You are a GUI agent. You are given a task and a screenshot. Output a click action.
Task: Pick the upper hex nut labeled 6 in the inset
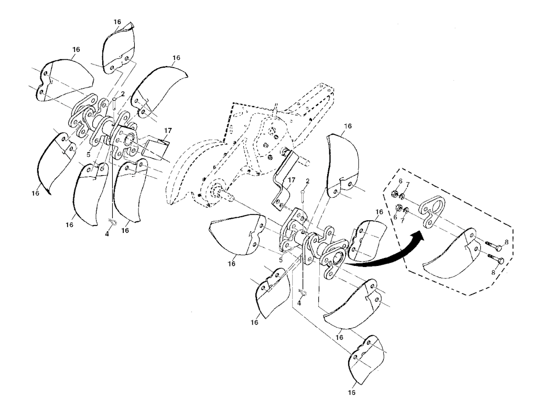pyautogui.click(x=394, y=195)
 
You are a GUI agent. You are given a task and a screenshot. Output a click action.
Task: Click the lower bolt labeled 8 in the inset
pyautogui.click(x=495, y=259)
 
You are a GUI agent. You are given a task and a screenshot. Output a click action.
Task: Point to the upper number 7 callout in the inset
pyautogui.click(x=407, y=185)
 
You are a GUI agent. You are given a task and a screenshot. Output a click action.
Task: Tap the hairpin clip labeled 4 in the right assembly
pyautogui.click(x=303, y=292)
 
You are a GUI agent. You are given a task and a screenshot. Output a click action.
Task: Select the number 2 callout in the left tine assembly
pyautogui.click(x=123, y=93)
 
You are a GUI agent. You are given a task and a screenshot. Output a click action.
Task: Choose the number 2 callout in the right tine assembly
pyautogui.click(x=307, y=180)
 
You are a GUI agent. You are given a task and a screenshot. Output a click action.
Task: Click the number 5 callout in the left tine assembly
pyautogui.click(x=88, y=155)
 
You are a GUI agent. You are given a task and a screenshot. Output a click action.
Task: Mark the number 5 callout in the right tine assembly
pyautogui.click(x=281, y=260)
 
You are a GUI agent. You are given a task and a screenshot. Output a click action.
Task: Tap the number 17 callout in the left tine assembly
pyautogui.click(x=168, y=130)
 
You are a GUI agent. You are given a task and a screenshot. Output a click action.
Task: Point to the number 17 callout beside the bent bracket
pyautogui.click(x=291, y=179)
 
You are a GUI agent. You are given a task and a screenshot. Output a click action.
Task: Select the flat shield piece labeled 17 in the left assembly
pyautogui.click(x=156, y=147)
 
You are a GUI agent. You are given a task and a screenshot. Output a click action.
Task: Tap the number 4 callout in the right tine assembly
pyautogui.click(x=299, y=303)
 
